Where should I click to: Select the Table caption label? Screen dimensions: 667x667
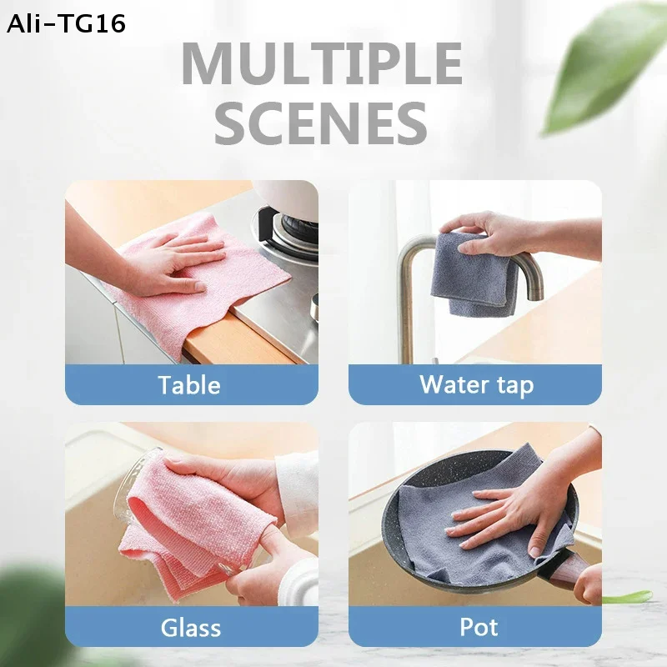pos(190,385)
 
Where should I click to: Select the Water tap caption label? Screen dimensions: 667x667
pos(476,385)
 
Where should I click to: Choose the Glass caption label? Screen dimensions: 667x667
pos(190,627)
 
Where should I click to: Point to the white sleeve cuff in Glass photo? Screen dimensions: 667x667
pos(296,492)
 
